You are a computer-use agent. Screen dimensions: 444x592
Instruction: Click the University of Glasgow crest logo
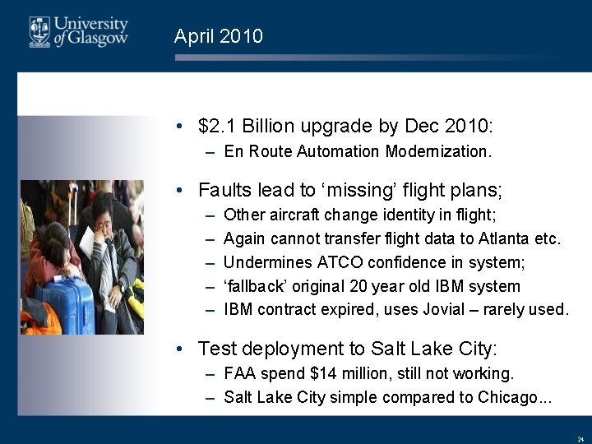point(39,31)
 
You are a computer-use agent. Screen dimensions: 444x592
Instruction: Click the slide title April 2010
point(219,36)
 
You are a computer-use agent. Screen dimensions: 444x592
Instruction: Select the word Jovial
point(443,311)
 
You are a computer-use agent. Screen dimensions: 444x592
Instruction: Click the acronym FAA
point(239,374)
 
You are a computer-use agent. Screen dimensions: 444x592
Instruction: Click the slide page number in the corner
point(580,437)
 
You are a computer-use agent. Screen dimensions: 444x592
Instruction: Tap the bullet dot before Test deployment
point(179,350)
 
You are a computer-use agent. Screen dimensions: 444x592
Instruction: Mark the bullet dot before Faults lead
point(179,192)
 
